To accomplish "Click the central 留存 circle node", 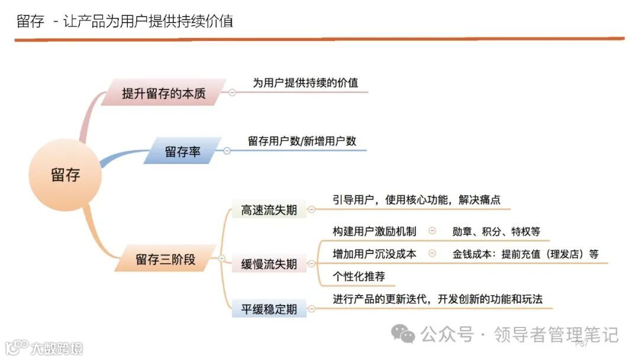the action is (x=65, y=175).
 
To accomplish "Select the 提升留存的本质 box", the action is (x=164, y=93).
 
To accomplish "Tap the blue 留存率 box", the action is (x=182, y=152).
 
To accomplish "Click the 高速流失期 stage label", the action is (x=269, y=210).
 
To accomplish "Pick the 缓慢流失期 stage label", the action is (x=269, y=264).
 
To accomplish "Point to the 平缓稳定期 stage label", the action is (x=269, y=309).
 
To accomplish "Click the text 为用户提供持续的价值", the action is (x=305, y=83).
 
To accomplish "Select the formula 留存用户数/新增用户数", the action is (x=302, y=142).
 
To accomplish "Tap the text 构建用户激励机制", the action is (x=375, y=232).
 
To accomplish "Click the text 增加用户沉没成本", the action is (x=375, y=254).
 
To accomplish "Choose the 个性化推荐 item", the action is (x=359, y=277).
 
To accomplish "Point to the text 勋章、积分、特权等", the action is (x=496, y=232).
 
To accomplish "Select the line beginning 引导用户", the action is (x=417, y=200).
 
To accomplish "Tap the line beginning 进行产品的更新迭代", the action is (x=438, y=299).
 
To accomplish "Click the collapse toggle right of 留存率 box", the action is (x=227, y=151).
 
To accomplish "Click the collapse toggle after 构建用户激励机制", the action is (x=432, y=232).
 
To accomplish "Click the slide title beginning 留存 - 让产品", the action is (x=124, y=21).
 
